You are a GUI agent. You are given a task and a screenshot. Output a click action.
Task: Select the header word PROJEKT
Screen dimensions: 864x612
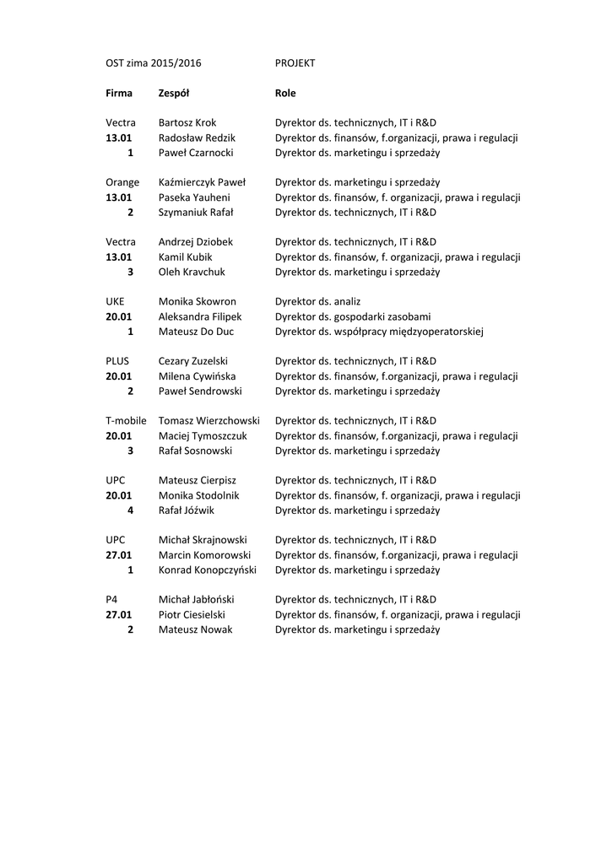pyautogui.click(x=295, y=63)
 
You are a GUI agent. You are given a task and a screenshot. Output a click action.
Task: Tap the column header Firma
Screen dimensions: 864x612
pyautogui.click(x=119, y=93)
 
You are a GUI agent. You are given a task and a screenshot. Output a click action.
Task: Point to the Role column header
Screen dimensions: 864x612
pyautogui.click(x=285, y=93)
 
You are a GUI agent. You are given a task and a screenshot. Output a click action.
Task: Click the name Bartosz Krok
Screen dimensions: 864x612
pyautogui.click(x=187, y=123)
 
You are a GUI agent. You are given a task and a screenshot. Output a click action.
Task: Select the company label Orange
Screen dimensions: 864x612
pyautogui.click(x=122, y=182)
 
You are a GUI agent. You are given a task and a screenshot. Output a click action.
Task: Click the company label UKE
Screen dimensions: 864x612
pyautogui.click(x=115, y=301)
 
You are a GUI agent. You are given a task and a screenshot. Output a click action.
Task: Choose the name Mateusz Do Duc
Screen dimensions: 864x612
pyautogui.click(x=197, y=332)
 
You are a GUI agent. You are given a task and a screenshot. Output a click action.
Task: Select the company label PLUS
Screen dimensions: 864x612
pyautogui.click(x=117, y=361)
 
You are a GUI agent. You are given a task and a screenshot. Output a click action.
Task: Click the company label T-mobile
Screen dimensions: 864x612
pyautogui.click(x=127, y=421)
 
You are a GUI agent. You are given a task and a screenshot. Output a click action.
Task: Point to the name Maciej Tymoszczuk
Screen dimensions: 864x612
pyautogui.click(x=203, y=436)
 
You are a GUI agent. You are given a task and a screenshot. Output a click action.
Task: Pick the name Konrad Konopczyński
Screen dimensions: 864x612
pyautogui.click(x=208, y=570)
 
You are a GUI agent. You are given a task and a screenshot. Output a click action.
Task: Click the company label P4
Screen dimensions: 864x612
pyautogui.click(x=111, y=599)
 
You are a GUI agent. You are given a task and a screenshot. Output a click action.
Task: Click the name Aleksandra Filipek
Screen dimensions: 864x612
pyautogui.click(x=200, y=316)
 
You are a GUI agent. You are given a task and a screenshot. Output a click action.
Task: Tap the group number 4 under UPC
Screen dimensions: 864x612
pyautogui.click(x=130, y=510)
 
